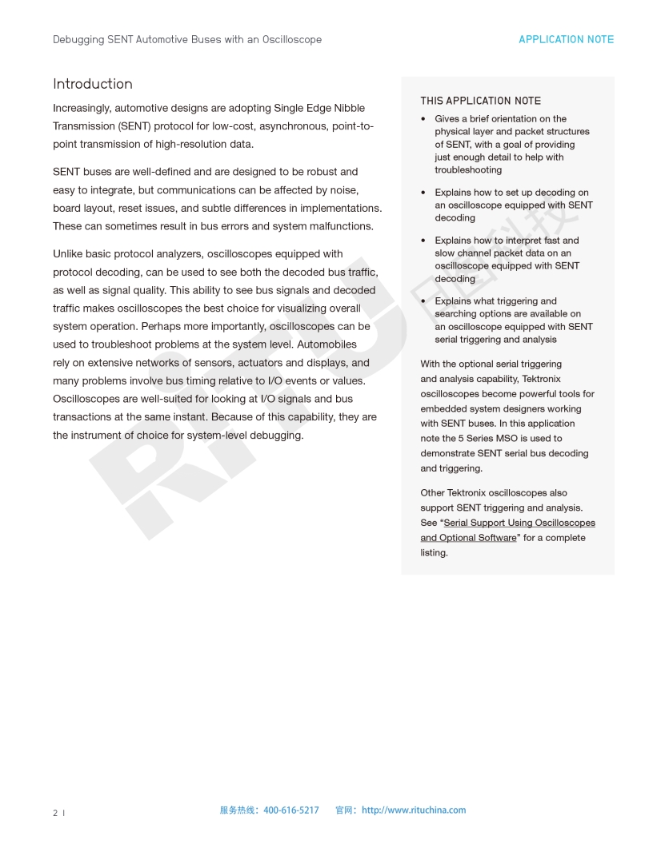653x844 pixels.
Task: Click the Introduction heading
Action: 93,84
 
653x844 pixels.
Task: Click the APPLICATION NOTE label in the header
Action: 566,39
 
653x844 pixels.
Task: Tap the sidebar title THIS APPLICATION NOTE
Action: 480,101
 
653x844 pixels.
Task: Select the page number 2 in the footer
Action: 55,813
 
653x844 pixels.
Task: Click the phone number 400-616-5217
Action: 290,810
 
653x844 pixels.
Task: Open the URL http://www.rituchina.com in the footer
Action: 413,810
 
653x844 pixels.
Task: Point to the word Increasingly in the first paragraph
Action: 81,108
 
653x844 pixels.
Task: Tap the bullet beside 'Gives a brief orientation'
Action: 423,119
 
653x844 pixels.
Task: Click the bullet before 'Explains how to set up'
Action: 423,193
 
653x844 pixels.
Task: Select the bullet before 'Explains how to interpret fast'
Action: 423,241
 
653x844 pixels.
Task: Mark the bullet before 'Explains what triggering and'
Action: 423,301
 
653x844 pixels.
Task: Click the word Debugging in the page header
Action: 78,39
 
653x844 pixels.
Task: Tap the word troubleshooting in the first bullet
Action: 468,170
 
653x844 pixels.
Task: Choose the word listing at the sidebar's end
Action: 434,553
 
